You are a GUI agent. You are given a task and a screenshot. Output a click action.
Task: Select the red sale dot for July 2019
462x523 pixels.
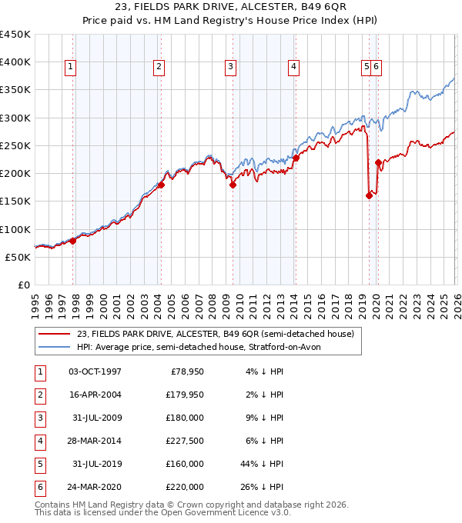(x=369, y=195)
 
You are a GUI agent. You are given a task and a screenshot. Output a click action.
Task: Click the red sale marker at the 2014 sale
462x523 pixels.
(x=296, y=158)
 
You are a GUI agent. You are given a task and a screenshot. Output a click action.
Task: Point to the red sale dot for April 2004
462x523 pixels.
(x=161, y=185)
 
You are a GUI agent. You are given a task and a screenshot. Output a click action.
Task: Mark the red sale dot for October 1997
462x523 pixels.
(x=72, y=241)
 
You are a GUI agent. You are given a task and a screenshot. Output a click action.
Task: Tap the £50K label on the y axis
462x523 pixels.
(x=18, y=257)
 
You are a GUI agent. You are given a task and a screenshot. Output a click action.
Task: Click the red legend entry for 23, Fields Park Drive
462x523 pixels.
(x=215, y=334)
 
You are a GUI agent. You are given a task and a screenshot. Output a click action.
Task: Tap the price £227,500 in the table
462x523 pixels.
(x=185, y=441)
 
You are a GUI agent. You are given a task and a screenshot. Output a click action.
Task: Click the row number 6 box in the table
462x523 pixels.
(x=38, y=488)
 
